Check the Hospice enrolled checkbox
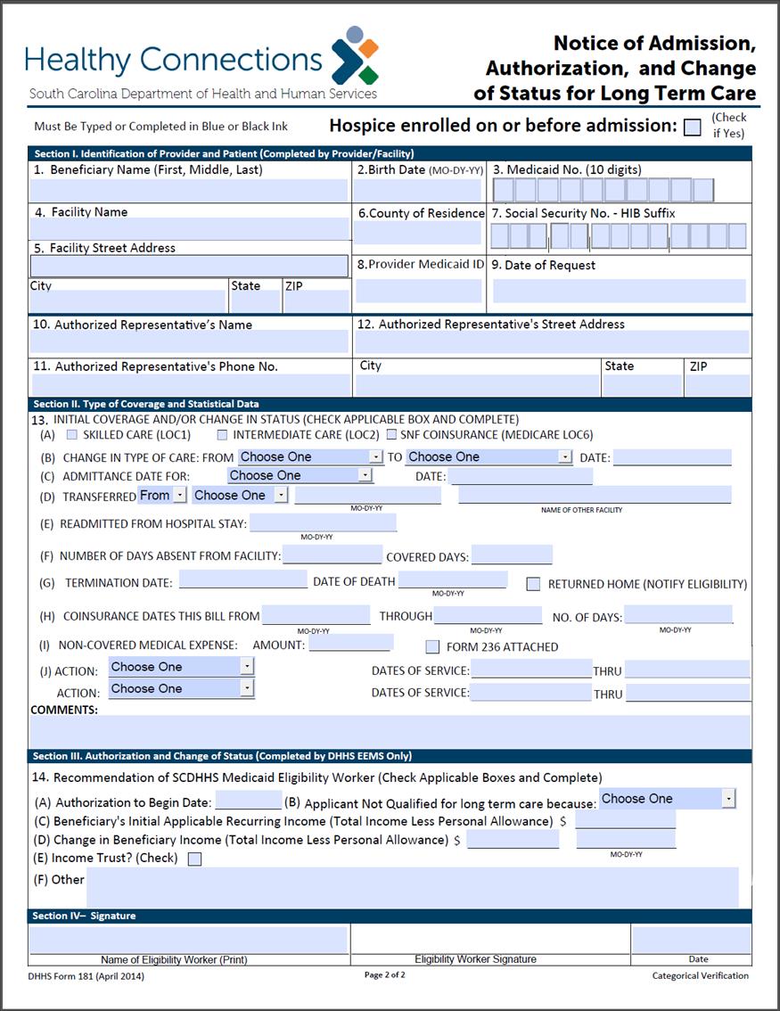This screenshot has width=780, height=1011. point(692,127)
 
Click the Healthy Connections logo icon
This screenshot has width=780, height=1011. point(355,54)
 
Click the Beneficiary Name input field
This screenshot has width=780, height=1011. point(189,190)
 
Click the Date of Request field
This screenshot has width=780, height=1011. point(619,291)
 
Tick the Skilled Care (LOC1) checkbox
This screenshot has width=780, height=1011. point(72,435)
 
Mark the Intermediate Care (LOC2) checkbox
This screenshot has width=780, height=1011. point(222,435)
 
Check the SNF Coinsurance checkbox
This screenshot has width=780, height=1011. point(391,435)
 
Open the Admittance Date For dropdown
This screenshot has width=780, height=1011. point(365,476)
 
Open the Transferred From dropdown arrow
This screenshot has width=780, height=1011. point(179,496)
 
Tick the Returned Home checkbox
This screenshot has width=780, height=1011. point(533,585)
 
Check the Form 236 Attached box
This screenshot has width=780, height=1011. point(432,647)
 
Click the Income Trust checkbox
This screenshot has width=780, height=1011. point(194,859)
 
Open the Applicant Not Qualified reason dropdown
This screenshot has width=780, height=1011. point(728,799)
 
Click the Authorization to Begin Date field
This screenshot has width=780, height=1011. point(249,801)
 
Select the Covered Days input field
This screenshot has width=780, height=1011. point(512,555)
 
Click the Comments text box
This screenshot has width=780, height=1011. point(390,731)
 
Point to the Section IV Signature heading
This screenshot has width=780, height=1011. point(84,916)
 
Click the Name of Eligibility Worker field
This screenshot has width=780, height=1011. point(188,940)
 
